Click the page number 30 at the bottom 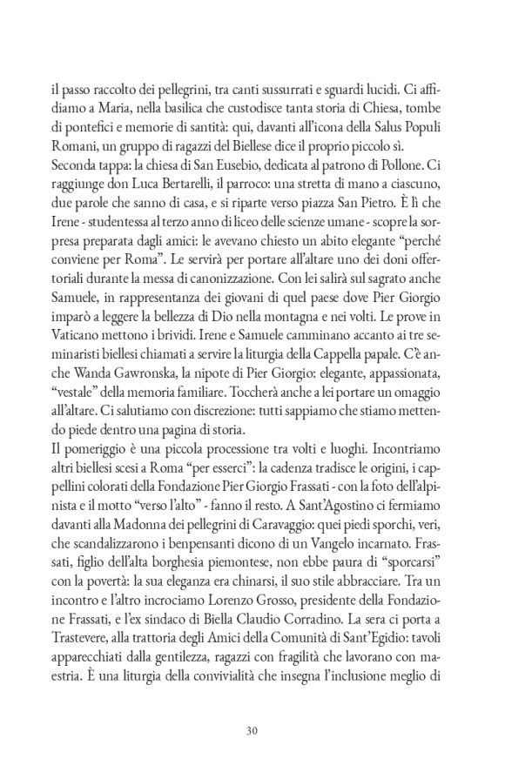252,729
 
